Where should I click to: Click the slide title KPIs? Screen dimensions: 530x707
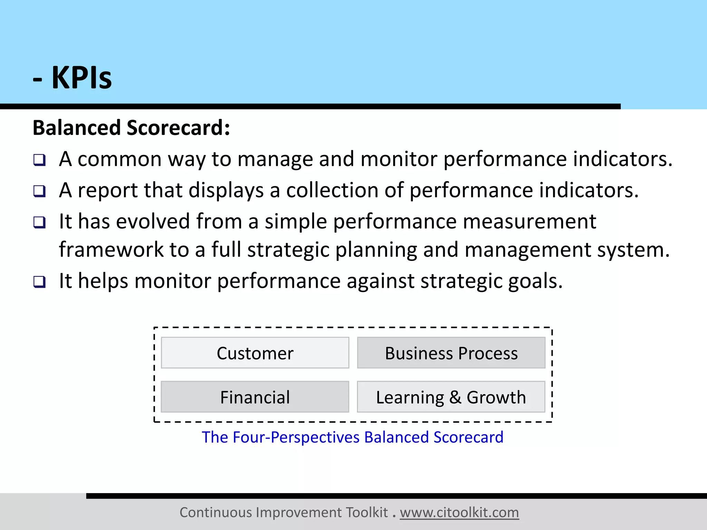(x=81, y=78)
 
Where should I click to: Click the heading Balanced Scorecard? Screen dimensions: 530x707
(x=131, y=128)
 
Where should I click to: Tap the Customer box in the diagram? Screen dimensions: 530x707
(x=255, y=353)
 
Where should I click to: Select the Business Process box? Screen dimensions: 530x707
(x=451, y=353)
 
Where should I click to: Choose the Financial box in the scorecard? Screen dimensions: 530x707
(x=255, y=397)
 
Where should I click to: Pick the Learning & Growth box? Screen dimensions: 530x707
(x=451, y=397)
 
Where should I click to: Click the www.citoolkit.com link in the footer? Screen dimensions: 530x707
(x=459, y=512)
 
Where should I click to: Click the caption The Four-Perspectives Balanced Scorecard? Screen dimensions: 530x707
(x=352, y=437)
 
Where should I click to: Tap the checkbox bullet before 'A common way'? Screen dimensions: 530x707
(x=39, y=160)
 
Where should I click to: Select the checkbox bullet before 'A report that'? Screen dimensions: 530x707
(x=39, y=191)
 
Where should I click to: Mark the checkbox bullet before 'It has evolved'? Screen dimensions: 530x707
(x=39, y=222)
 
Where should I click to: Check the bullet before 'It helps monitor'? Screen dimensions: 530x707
(x=39, y=282)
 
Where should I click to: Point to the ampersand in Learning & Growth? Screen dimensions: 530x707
(x=455, y=397)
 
